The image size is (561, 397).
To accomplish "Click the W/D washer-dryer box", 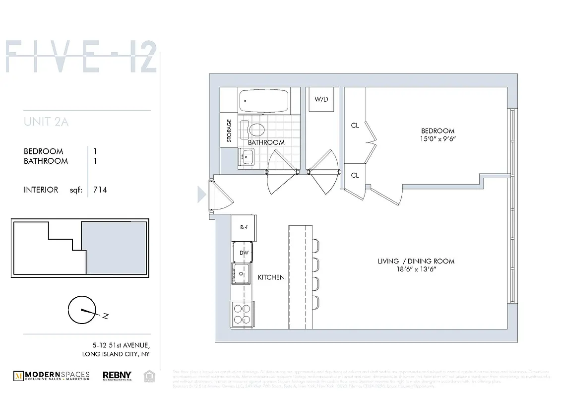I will point(321,99).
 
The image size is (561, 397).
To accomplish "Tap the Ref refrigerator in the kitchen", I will point(244,227).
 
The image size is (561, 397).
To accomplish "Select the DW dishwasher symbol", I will point(244,253).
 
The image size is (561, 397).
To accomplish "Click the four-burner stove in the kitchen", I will point(242,314).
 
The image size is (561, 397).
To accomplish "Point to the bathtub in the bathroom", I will point(263,101).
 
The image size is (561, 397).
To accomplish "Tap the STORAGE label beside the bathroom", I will point(229,131).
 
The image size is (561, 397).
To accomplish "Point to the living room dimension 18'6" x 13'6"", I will point(416,269).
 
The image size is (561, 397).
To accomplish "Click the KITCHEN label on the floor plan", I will point(271,277).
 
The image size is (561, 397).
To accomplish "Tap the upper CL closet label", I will point(355,126).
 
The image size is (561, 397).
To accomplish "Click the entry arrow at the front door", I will point(202,194).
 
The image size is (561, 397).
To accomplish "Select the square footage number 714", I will point(100,190).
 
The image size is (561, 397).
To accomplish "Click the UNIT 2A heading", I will point(46,122).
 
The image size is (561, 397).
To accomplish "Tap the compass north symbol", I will point(82,310).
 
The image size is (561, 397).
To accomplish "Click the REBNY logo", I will point(117,376).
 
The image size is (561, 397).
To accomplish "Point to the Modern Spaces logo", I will point(52,376).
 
